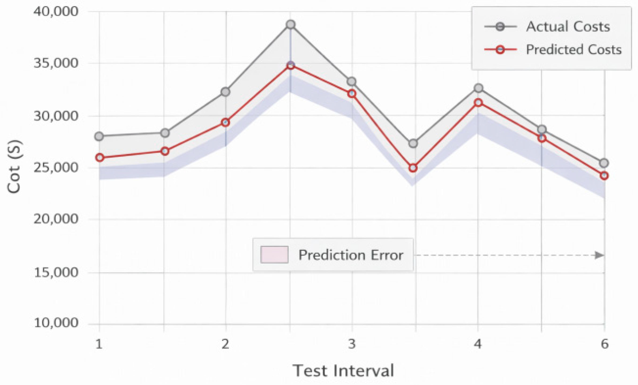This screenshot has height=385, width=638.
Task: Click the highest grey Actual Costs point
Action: coord(291,25)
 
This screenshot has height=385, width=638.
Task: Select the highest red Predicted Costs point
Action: coord(291,65)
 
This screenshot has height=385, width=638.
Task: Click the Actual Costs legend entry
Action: coord(568,27)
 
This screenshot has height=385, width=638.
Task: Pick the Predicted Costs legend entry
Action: coord(573,49)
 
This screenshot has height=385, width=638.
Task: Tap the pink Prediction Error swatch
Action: coord(274,255)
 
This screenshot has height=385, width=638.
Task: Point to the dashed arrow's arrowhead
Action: coord(599,255)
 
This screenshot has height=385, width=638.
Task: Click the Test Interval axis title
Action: coord(343,370)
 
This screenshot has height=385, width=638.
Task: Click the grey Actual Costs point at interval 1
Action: coord(99,136)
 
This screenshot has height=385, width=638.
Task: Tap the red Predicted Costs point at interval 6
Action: coord(604,176)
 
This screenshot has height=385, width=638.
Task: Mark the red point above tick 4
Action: coord(478,103)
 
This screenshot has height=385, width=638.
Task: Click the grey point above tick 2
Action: coord(225,92)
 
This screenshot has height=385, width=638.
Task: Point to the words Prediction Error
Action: coord(351,255)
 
